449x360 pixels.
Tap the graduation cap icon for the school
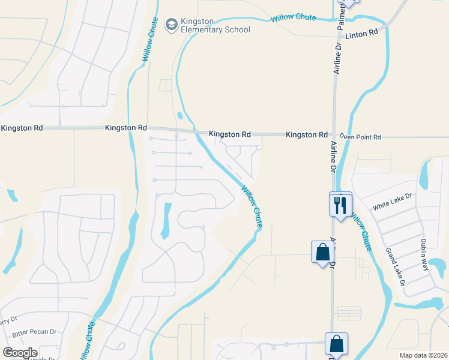pos(171,24)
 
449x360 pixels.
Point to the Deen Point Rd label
pos(360,137)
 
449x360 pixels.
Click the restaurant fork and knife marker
pos(340,205)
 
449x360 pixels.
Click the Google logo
pos(20,352)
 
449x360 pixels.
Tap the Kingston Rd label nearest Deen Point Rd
pos(307,135)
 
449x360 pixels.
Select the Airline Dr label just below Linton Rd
pos(338,58)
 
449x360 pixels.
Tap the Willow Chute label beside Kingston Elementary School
pos(149,39)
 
